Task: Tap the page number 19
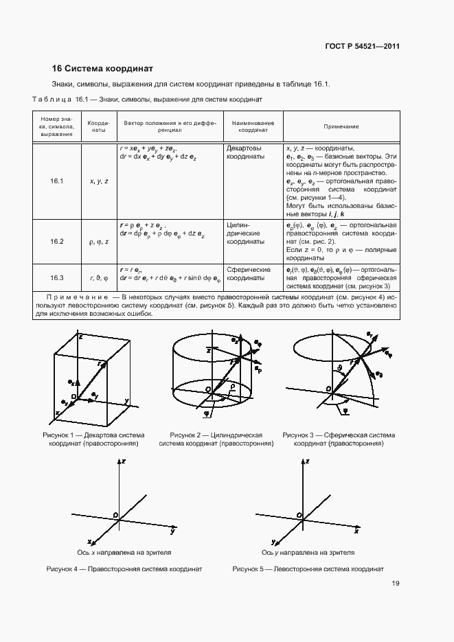396,584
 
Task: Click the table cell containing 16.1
56,181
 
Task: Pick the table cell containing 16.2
56,242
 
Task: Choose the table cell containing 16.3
56,277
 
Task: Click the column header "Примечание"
341,127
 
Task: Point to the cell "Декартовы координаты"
244,152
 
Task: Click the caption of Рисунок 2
216,439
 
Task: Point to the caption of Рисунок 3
339,439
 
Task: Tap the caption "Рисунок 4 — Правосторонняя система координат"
124,569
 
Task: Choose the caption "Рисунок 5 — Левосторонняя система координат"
308,569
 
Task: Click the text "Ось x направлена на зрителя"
124,551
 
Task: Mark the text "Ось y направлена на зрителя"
308,551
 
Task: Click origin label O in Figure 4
115,514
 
